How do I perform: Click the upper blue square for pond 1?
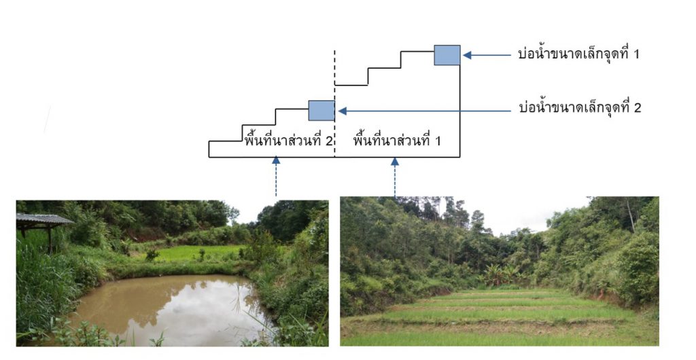tap(447, 55)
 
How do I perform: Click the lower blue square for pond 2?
tap(321, 110)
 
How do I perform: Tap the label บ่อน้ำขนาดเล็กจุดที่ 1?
tap(578, 54)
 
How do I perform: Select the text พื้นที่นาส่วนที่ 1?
tap(398, 141)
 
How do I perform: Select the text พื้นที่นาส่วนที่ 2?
tap(288, 141)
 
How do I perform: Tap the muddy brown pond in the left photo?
tap(163, 306)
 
